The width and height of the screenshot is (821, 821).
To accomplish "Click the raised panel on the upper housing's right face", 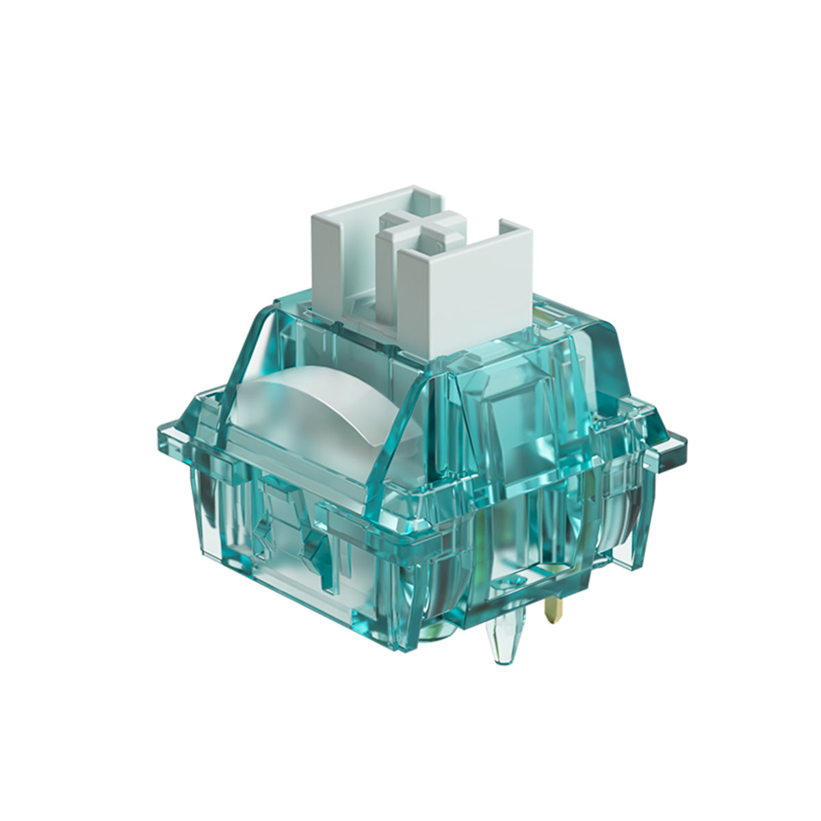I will coord(513,410).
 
